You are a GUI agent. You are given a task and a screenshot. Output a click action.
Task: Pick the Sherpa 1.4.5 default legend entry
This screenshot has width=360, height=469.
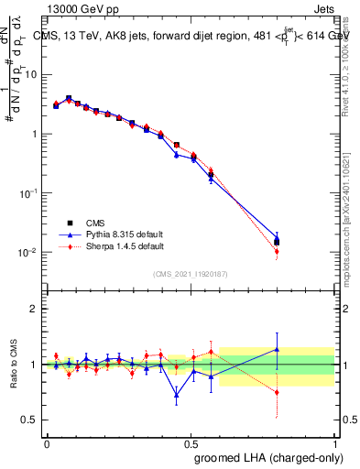click(x=111, y=246)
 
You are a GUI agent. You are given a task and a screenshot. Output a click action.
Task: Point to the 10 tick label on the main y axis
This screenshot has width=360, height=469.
click(x=33, y=74)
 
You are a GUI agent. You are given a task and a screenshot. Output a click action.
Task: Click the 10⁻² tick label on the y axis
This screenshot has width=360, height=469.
click(x=30, y=253)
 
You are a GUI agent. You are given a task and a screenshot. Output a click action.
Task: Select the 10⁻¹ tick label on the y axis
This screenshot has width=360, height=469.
click(x=30, y=193)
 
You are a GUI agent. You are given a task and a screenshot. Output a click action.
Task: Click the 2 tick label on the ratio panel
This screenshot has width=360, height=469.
click(x=36, y=309)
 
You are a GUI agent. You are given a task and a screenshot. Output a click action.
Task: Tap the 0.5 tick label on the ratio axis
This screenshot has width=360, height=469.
click(x=32, y=420)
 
